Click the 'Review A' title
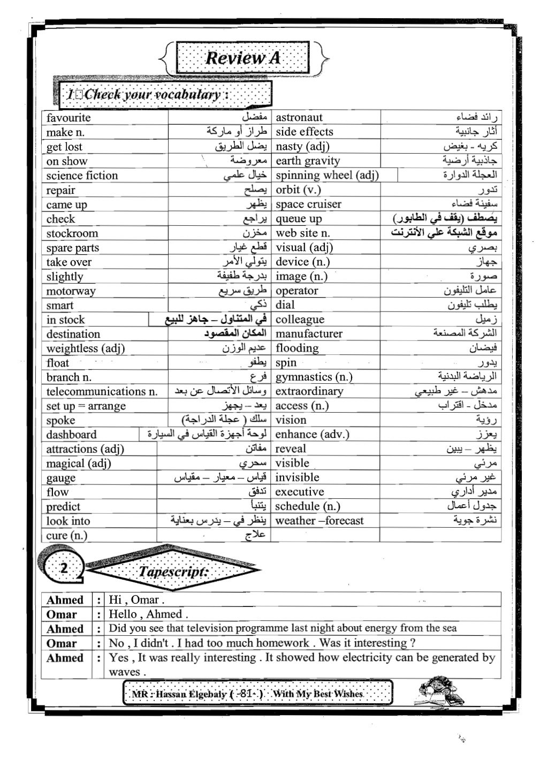pyautogui.click(x=243, y=58)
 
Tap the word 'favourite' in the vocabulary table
pyautogui.click(x=68, y=118)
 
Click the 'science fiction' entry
pyautogui.click(x=82, y=176)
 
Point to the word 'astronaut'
pyautogui.click(x=299, y=117)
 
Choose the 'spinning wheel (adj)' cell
pyautogui.click(x=327, y=175)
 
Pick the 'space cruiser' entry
pyautogui.click(x=308, y=204)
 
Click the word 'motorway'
pyautogui.click(x=71, y=291)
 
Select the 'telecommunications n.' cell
pyautogui.click(x=102, y=391)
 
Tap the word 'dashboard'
pyautogui.click(x=72, y=435)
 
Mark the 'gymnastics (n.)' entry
pyautogui.click(x=314, y=377)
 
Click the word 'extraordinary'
pyautogui.click(x=309, y=391)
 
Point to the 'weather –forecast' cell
pyautogui.click(x=319, y=521)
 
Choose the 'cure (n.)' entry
pyautogui.click(x=67, y=535)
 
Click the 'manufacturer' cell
pyautogui.click(x=309, y=333)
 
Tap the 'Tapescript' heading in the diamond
pyautogui.click(x=172, y=572)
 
